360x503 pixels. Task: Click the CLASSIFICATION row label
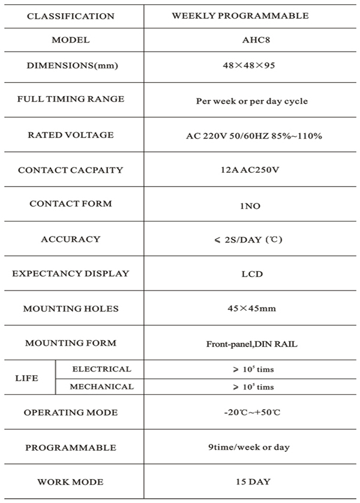71,16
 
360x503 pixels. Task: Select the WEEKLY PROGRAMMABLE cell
240,16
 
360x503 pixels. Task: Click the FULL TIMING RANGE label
71,99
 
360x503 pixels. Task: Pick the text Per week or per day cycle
252,101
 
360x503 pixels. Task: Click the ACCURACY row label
71,239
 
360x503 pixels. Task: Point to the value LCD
252,274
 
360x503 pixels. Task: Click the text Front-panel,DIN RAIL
252,345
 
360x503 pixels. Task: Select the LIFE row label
26,378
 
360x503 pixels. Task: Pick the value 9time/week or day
252,448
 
